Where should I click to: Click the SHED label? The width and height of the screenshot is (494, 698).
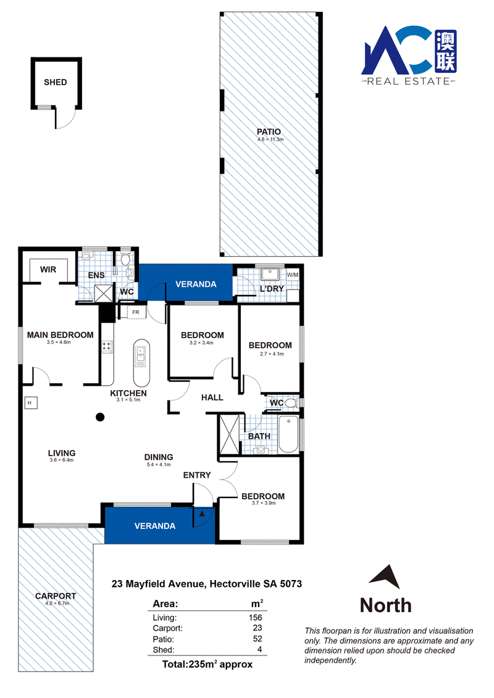(x=55, y=82)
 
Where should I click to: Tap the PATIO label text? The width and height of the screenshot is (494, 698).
(x=269, y=132)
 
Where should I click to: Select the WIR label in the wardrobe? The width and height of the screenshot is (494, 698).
(x=48, y=270)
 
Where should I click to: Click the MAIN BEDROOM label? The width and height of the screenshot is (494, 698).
(x=60, y=334)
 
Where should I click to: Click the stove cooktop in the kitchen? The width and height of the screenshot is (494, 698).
(x=107, y=347)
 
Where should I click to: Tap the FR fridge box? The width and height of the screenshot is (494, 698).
(x=136, y=312)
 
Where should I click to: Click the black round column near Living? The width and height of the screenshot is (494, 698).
(x=100, y=417)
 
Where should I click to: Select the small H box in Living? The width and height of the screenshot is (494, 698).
(x=30, y=403)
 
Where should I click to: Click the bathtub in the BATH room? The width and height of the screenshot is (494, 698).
(x=288, y=434)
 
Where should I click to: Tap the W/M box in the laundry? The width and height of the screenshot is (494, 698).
(x=293, y=275)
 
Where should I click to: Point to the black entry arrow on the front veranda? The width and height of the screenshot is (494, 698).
(x=202, y=513)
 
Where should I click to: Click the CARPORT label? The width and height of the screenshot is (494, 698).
(x=56, y=596)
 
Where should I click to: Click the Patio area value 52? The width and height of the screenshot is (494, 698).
(x=257, y=639)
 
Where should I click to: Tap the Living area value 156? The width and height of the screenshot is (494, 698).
(x=256, y=617)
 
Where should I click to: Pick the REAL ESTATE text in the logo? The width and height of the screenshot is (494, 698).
(x=408, y=81)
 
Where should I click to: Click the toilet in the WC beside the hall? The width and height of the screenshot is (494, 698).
(x=291, y=403)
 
